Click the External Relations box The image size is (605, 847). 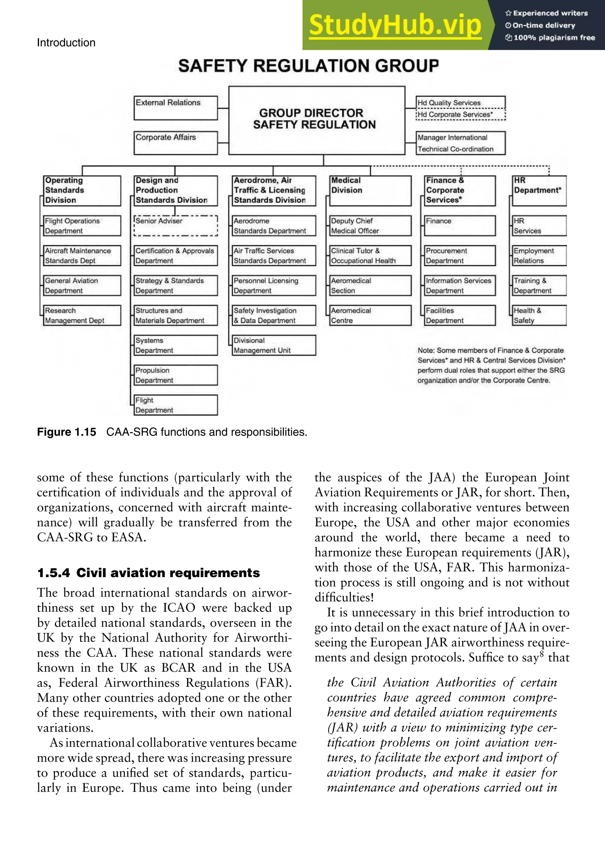[x=175, y=108]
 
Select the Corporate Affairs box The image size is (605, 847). [x=175, y=143]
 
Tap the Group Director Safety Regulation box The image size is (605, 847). [x=316, y=120]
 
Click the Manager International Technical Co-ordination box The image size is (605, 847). [x=461, y=143]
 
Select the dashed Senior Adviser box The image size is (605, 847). [x=176, y=226]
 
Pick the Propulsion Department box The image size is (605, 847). [x=176, y=375]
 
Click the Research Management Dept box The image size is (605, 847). [x=82, y=315]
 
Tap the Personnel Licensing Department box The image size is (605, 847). [x=274, y=286]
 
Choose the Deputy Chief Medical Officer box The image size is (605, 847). [x=370, y=226]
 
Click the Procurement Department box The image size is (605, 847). [x=460, y=255]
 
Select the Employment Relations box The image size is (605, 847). [x=539, y=255]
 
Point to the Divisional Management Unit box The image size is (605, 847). [x=274, y=345]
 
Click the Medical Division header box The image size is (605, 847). [x=370, y=191]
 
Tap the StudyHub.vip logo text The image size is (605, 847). [x=395, y=25]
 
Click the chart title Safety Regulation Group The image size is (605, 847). [x=308, y=66]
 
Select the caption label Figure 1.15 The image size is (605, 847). [x=66, y=432]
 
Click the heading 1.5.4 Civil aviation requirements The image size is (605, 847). [x=148, y=572]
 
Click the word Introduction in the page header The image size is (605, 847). [x=66, y=43]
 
